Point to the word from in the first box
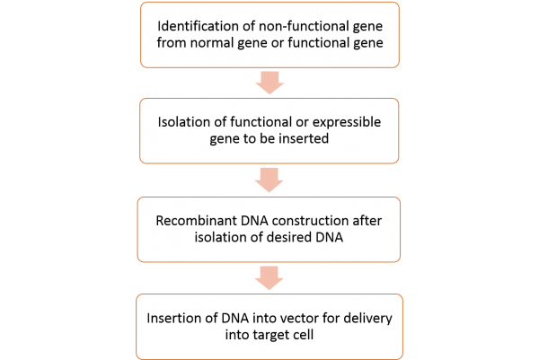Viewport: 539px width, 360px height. [x=173, y=43]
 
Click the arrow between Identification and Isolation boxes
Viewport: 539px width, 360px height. [x=269, y=83]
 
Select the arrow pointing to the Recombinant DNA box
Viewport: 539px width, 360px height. [x=269, y=178]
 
